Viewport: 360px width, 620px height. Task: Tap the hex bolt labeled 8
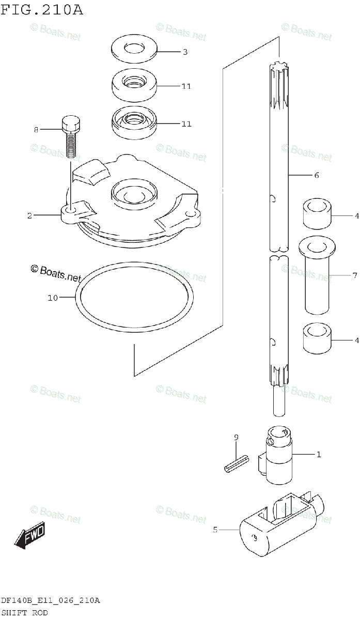(71, 136)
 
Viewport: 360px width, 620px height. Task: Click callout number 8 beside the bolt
(36, 130)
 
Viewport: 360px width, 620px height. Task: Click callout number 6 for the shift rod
(316, 176)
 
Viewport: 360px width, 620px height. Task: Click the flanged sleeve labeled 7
(316, 276)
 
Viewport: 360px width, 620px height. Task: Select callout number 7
(355, 275)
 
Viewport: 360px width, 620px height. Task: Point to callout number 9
(236, 438)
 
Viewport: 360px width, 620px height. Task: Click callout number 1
(319, 455)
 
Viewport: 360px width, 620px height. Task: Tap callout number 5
(216, 530)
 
